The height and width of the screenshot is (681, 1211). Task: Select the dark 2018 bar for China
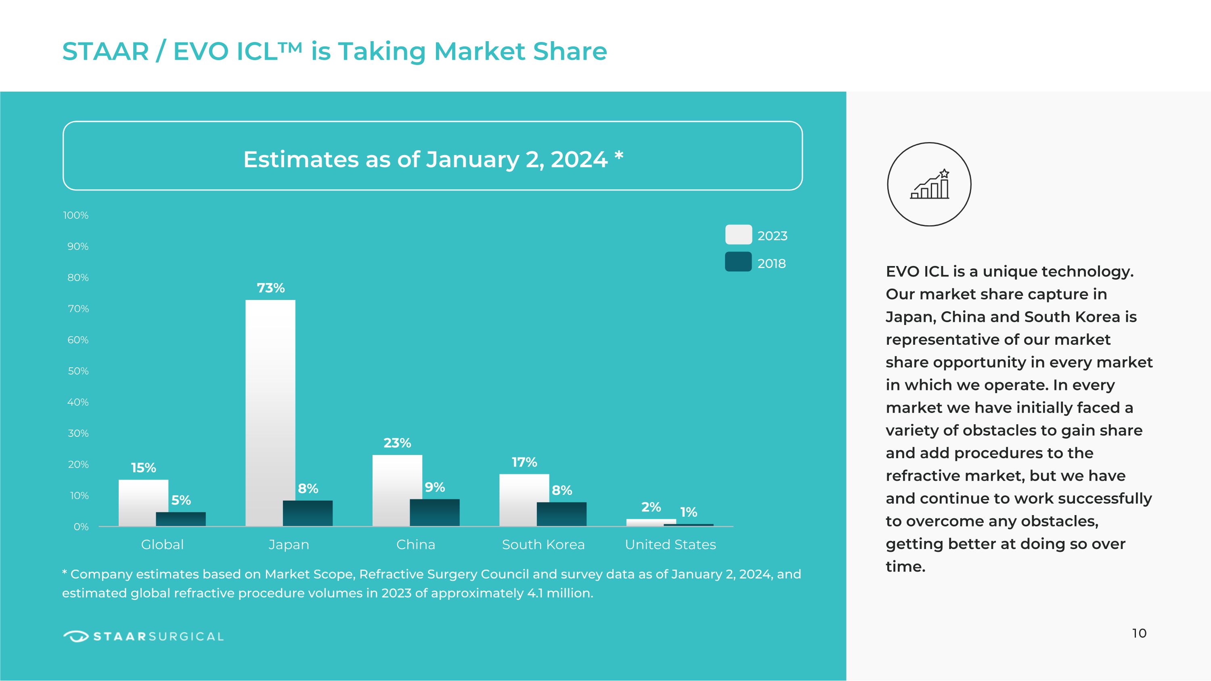pyautogui.click(x=434, y=512)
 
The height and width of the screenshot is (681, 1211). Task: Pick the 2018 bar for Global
pyautogui.click(x=180, y=519)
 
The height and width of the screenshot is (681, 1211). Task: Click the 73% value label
pyautogui.click(x=270, y=288)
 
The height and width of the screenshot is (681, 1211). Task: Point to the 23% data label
pyautogui.click(x=397, y=443)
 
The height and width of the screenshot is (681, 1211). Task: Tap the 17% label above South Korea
pyautogui.click(x=524, y=462)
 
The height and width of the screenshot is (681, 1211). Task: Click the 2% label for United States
pyautogui.click(x=651, y=507)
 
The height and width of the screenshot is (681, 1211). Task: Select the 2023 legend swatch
pyautogui.click(x=738, y=235)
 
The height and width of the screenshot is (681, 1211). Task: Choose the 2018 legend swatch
pyautogui.click(x=738, y=262)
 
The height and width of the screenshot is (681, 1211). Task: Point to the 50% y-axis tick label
pyautogui.click(x=78, y=371)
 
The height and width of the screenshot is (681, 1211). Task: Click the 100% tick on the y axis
pyautogui.click(x=76, y=215)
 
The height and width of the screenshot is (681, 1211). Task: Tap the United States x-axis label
pyautogui.click(x=670, y=544)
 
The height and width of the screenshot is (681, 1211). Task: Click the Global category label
pyautogui.click(x=162, y=544)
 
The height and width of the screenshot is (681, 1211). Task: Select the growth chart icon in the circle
pyautogui.click(x=929, y=185)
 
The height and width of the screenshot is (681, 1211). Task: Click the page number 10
pyautogui.click(x=1139, y=633)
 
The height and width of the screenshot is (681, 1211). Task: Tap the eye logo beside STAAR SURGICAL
pyautogui.click(x=76, y=636)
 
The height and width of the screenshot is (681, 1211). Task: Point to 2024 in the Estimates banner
pyautogui.click(x=579, y=159)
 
